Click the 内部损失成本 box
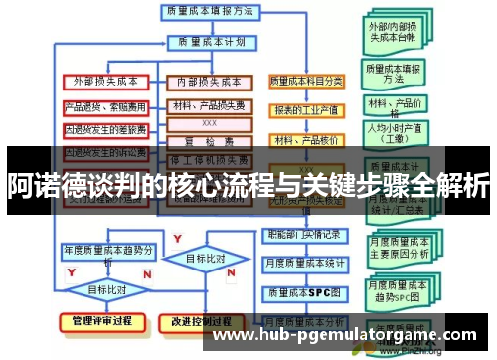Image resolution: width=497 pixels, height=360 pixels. [209, 82]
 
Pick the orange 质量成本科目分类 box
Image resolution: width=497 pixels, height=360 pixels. [307, 81]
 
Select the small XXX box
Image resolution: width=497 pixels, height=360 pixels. [209, 123]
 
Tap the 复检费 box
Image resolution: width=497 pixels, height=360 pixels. [209, 140]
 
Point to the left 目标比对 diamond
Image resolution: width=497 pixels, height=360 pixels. [107, 289]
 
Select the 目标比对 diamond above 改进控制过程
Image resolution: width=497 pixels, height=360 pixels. [207, 259]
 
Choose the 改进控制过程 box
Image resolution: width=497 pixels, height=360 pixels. [209, 322]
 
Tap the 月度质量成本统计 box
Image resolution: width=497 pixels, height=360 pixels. [307, 264]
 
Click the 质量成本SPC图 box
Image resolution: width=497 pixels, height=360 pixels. [307, 294]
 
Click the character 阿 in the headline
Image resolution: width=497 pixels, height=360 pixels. [19, 185]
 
